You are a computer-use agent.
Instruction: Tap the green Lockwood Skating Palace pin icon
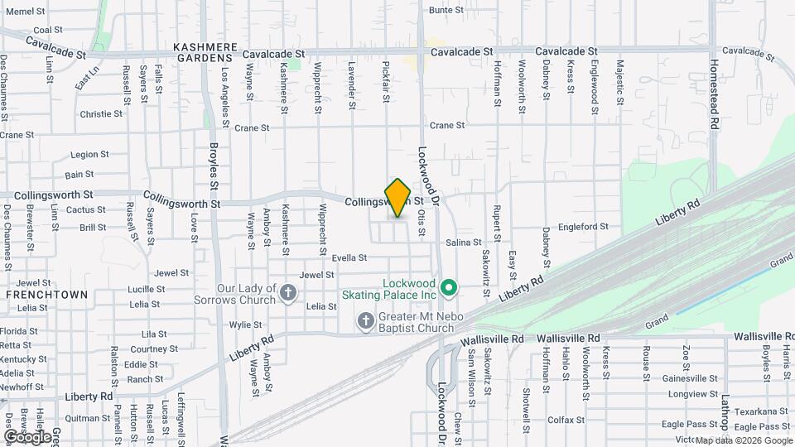[x=449, y=288]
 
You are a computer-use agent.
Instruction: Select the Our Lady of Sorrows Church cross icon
[x=288, y=292]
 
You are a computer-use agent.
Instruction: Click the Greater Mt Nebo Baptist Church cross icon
[x=365, y=320]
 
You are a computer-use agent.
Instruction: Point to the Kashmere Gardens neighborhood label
[x=205, y=53]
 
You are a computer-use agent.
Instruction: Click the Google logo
[x=27, y=436]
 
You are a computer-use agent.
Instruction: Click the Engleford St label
[x=584, y=226]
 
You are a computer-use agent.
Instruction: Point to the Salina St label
[x=464, y=243]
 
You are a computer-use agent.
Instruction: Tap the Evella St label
[x=349, y=258]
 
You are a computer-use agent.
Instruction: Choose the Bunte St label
[x=446, y=10]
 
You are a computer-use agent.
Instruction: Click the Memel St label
[x=25, y=12]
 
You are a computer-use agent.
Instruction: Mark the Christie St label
[x=101, y=114]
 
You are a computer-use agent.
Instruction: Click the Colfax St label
[x=566, y=420]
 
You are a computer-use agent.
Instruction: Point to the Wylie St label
[x=245, y=324]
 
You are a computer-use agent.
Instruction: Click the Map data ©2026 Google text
[x=743, y=440]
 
